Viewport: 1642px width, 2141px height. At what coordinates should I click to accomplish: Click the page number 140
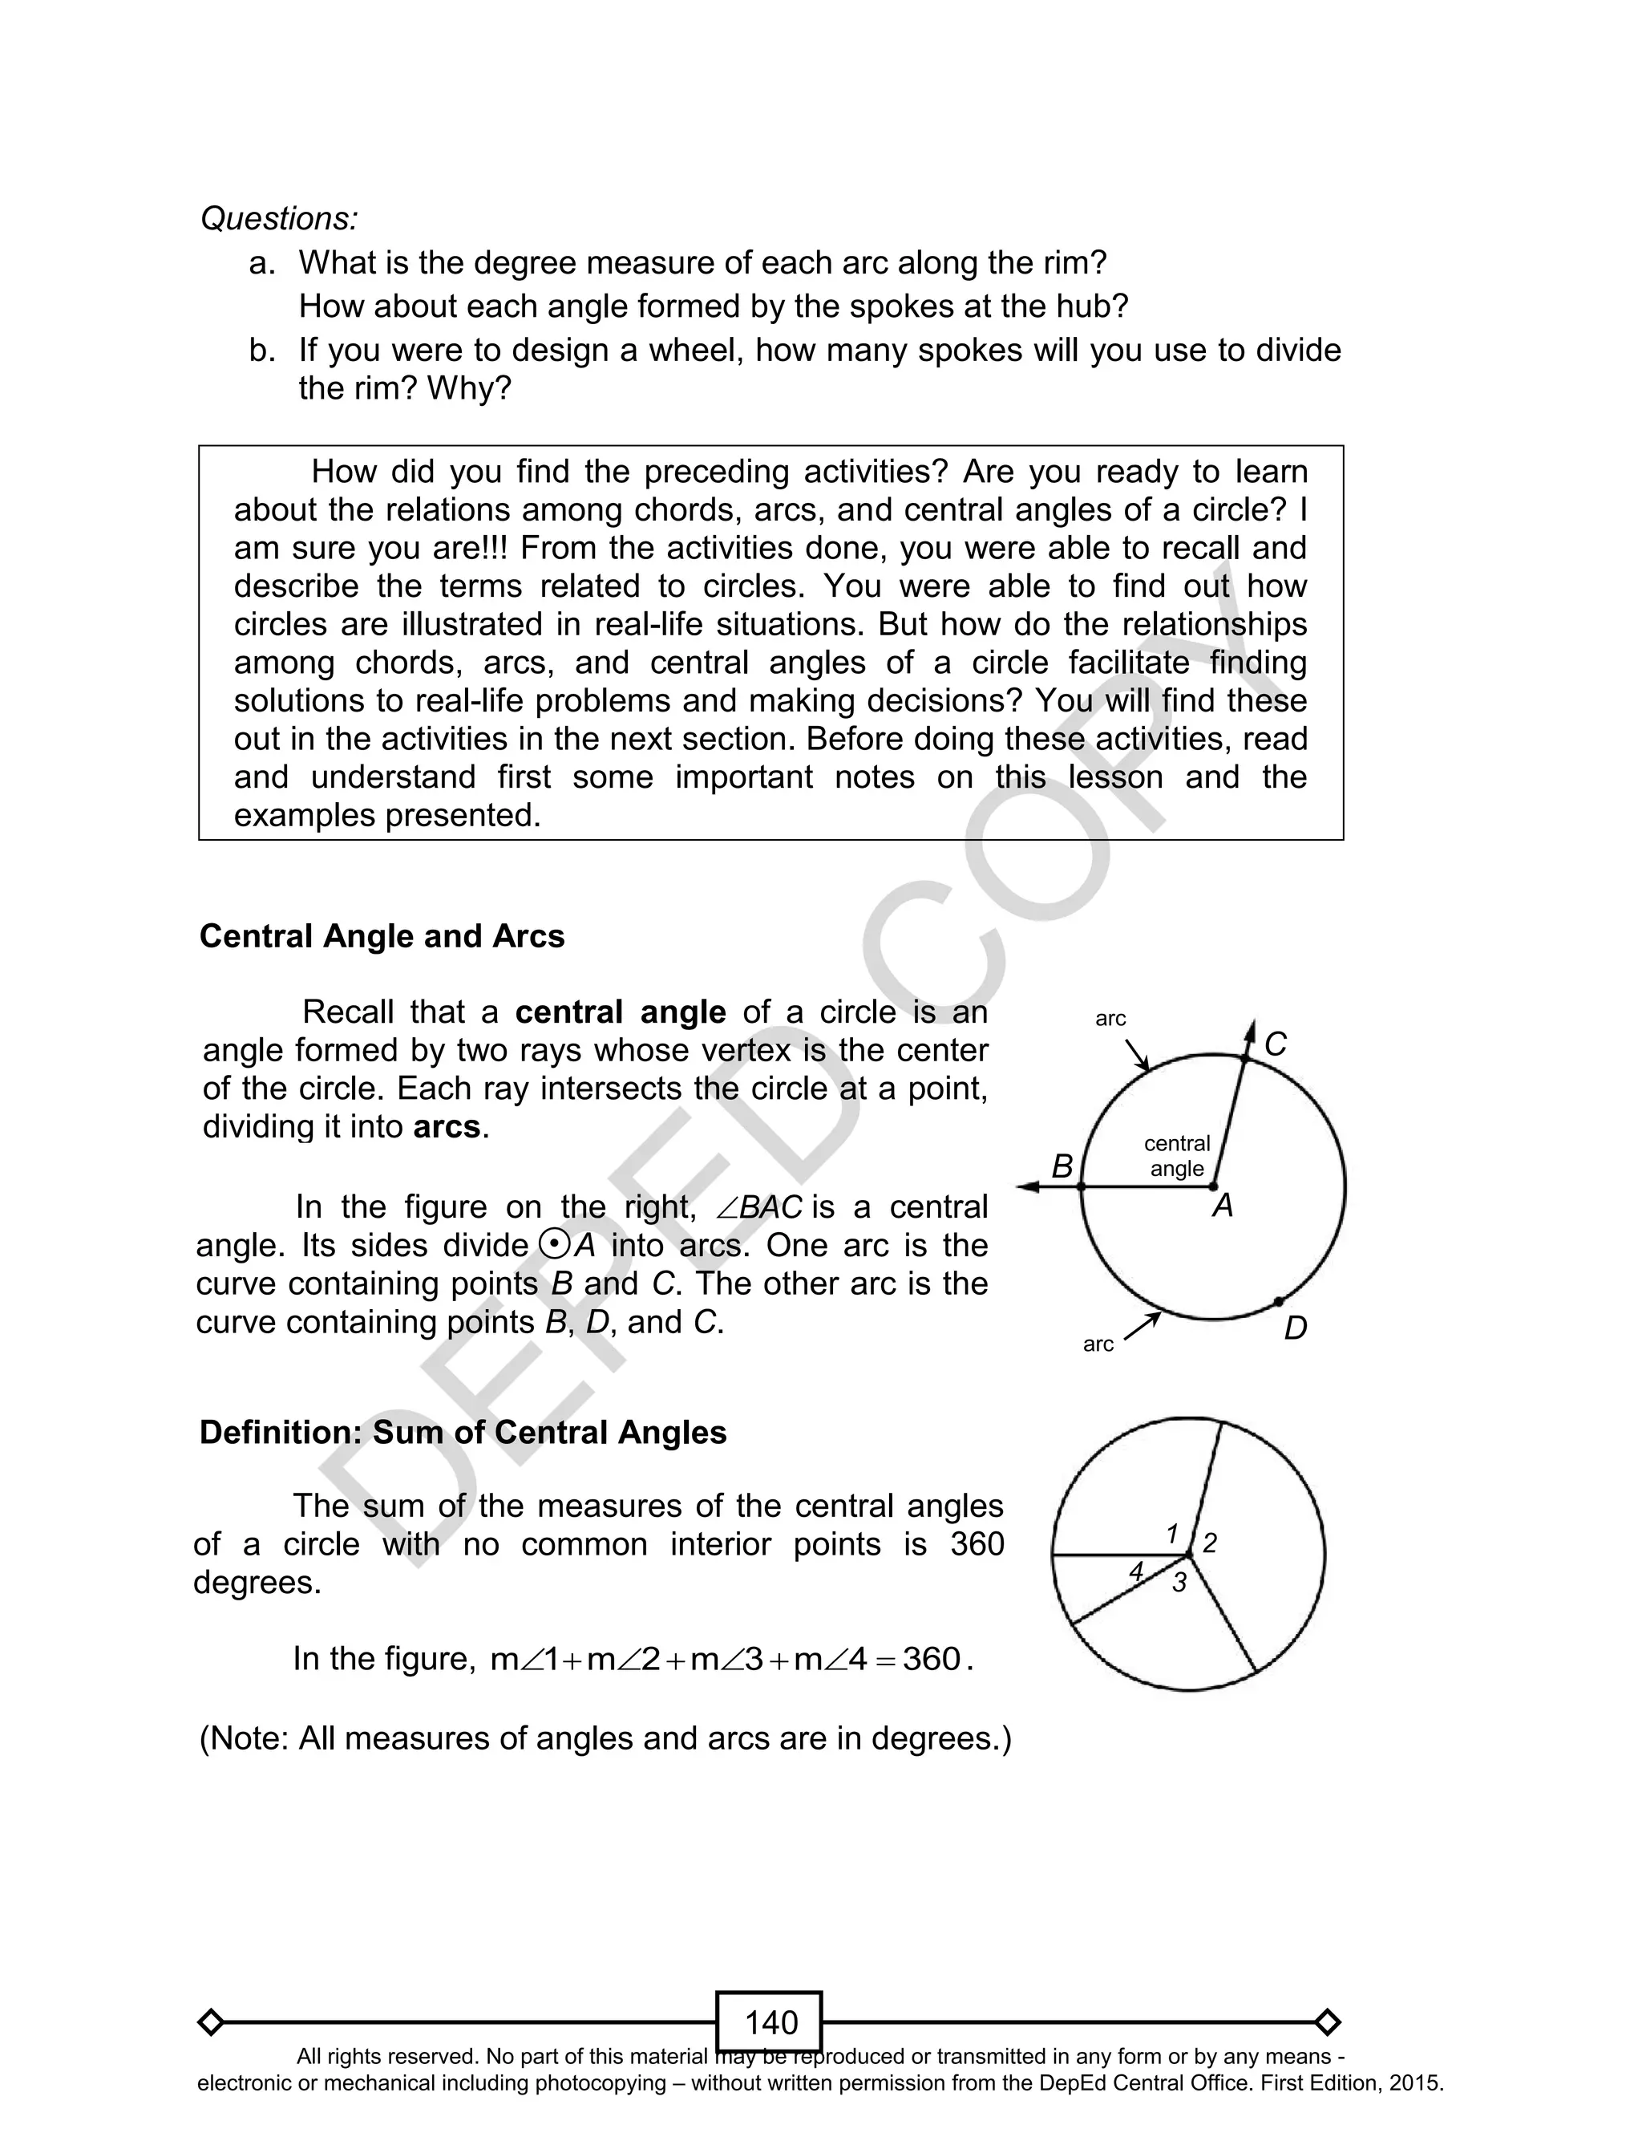pos(770,2021)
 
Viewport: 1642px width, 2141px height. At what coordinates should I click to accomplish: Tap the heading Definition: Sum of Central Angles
pos(463,1432)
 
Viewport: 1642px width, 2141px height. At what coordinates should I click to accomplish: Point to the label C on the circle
pos(1276,1044)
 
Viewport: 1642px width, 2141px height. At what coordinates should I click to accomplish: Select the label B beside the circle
pos(1062,1166)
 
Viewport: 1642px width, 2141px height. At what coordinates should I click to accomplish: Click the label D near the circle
pos(1295,1328)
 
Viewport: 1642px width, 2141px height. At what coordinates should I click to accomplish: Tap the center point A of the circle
pos(1214,1187)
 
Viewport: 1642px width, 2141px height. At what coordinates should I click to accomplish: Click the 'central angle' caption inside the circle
pos(1177,1156)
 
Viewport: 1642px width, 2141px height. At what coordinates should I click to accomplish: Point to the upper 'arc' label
pos(1110,1019)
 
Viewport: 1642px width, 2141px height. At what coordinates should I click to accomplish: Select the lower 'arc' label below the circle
pos(1098,1344)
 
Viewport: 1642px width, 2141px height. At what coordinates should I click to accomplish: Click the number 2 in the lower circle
pos(1210,1543)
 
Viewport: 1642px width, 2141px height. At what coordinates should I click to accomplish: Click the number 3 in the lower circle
pos(1179,1583)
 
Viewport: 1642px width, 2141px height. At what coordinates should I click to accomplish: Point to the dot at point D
pos(1279,1301)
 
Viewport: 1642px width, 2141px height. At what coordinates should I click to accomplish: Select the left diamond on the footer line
pos(210,2021)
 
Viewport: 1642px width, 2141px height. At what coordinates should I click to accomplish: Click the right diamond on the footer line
pos(1327,2021)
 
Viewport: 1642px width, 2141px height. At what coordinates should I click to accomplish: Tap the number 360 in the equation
pos(932,1659)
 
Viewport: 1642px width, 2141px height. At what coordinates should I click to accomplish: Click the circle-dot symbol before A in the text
pos(553,1244)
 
